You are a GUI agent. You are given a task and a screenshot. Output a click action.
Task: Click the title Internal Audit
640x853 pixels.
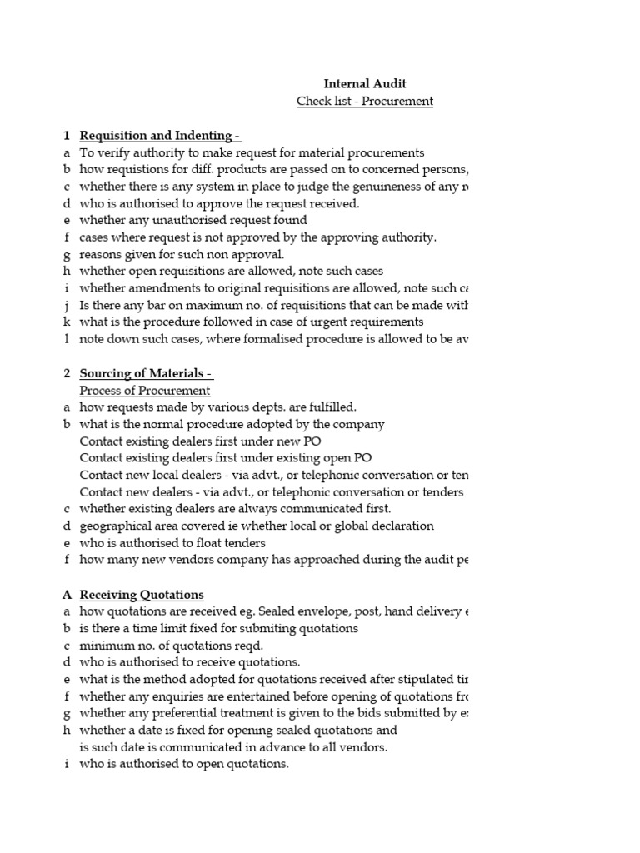[365, 83]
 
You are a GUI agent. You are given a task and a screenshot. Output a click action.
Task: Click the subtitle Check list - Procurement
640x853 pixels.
[365, 102]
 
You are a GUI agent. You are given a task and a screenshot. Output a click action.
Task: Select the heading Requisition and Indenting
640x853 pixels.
[159, 136]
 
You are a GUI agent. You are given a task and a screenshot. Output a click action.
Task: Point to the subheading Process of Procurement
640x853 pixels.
[145, 391]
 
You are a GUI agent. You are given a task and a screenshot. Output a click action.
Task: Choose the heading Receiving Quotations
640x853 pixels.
[142, 595]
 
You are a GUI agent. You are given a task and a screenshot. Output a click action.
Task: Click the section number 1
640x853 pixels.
[65, 136]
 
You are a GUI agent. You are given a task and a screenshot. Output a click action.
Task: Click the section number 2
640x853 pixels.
[65, 373]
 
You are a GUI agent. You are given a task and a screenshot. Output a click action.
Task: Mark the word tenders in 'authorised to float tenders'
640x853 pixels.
[244, 543]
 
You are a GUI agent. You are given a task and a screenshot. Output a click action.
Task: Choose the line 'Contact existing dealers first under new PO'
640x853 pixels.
[200, 441]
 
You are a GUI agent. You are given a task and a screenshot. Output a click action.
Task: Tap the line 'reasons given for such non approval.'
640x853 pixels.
[182, 255]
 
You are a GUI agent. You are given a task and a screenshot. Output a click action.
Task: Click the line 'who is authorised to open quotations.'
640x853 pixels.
[184, 765]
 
